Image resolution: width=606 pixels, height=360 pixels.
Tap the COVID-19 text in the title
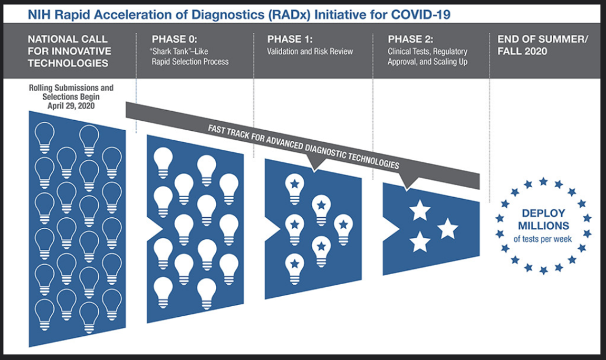click(421, 15)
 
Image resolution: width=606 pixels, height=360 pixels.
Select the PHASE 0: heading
click(175, 39)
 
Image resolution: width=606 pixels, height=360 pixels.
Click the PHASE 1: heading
click(290, 39)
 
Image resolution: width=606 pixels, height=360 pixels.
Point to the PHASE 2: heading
click(411, 39)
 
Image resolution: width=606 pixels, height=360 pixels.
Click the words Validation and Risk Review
click(310, 52)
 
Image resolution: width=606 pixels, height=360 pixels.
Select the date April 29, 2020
click(71, 106)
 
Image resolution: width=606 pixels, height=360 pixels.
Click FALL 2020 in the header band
click(522, 51)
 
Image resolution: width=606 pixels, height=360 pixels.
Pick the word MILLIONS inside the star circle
click(543, 226)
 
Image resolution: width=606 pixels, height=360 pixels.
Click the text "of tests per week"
click(543, 239)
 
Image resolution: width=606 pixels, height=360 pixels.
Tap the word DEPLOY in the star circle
click(543, 213)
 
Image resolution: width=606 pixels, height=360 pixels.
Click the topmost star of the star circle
click(543, 181)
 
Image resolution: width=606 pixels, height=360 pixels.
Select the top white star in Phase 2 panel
click(420, 210)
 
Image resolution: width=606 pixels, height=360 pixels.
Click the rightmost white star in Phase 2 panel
click(447, 229)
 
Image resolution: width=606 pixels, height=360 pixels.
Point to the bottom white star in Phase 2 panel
click(420, 242)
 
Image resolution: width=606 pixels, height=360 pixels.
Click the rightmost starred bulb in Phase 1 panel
click(343, 230)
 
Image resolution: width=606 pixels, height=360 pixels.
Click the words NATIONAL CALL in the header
click(67, 39)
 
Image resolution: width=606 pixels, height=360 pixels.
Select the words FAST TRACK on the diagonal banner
click(229, 133)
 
